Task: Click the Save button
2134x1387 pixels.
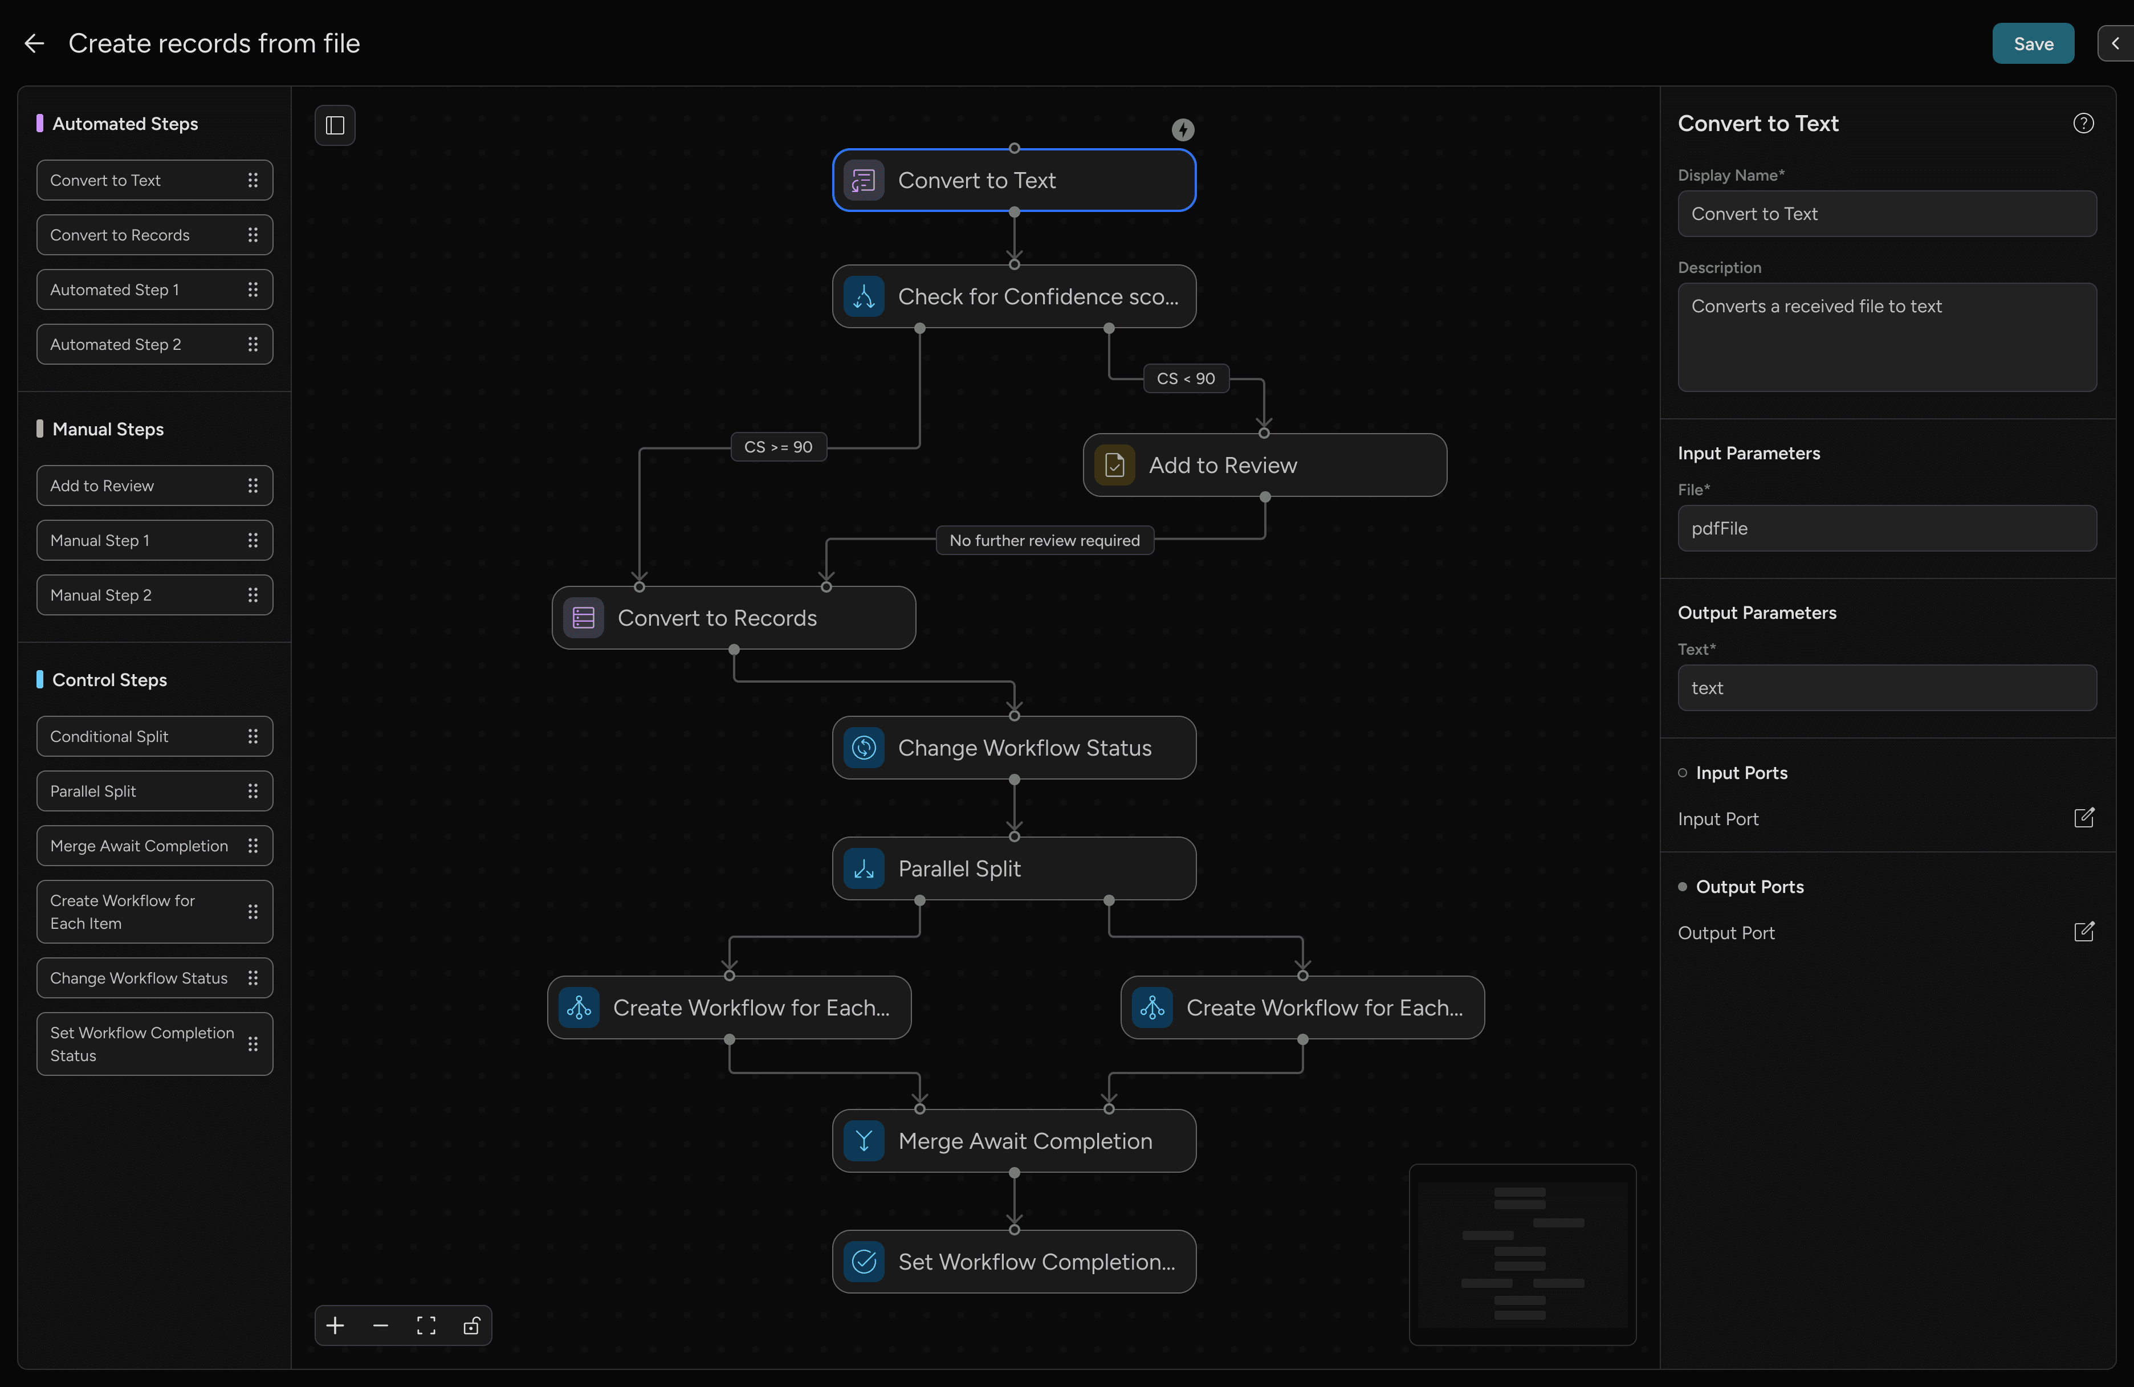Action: click(x=2032, y=43)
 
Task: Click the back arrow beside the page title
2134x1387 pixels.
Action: click(x=34, y=43)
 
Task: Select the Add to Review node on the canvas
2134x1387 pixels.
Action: click(x=1264, y=466)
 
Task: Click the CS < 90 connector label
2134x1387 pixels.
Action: click(x=1186, y=378)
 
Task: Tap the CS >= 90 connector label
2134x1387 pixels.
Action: click(x=778, y=447)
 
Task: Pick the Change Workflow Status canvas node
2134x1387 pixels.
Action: click(x=1014, y=748)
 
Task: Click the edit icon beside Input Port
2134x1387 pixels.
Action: click(x=2084, y=818)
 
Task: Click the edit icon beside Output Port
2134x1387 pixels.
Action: click(x=2084, y=932)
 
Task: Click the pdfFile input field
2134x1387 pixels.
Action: click(x=1887, y=528)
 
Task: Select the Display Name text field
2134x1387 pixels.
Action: click(x=1887, y=213)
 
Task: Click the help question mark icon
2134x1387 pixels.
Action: click(x=2083, y=123)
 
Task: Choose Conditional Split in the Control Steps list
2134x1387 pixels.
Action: click(x=154, y=736)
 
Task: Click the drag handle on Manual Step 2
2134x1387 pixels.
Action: click(x=253, y=595)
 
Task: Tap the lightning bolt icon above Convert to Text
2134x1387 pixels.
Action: click(x=1183, y=130)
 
